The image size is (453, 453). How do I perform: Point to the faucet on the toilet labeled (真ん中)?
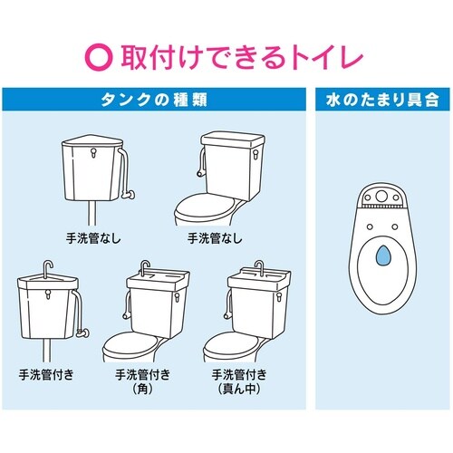[x=259, y=268]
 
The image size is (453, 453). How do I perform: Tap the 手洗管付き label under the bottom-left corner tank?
[x=44, y=373]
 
